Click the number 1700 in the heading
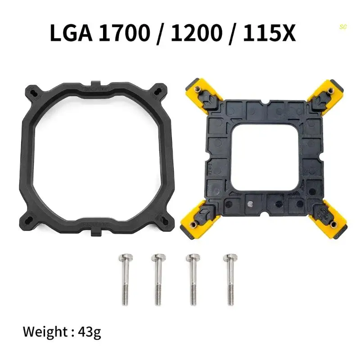click(x=124, y=34)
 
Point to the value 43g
click(x=89, y=333)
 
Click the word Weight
click(x=45, y=333)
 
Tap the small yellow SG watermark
click(x=343, y=27)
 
